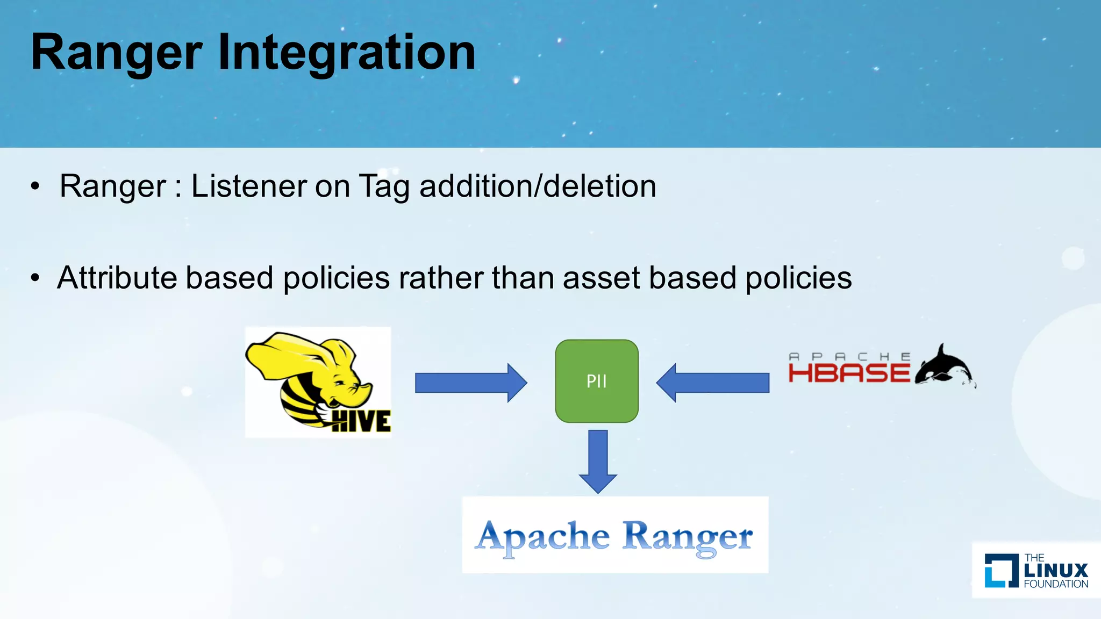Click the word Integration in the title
[x=347, y=52]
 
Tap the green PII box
[x=597, y=381]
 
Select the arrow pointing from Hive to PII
[x=470, y=383]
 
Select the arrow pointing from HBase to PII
[x=713, y=383]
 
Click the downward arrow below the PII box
[x=598, y=460]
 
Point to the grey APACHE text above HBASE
[x=849, y=357]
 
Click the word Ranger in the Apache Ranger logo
[x=688, y=537]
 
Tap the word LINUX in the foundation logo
[x=1056, y=571]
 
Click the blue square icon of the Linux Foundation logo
[x=1001, y=571]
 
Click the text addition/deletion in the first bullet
[x=538, y=186]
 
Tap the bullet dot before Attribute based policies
[x=35, y=278]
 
